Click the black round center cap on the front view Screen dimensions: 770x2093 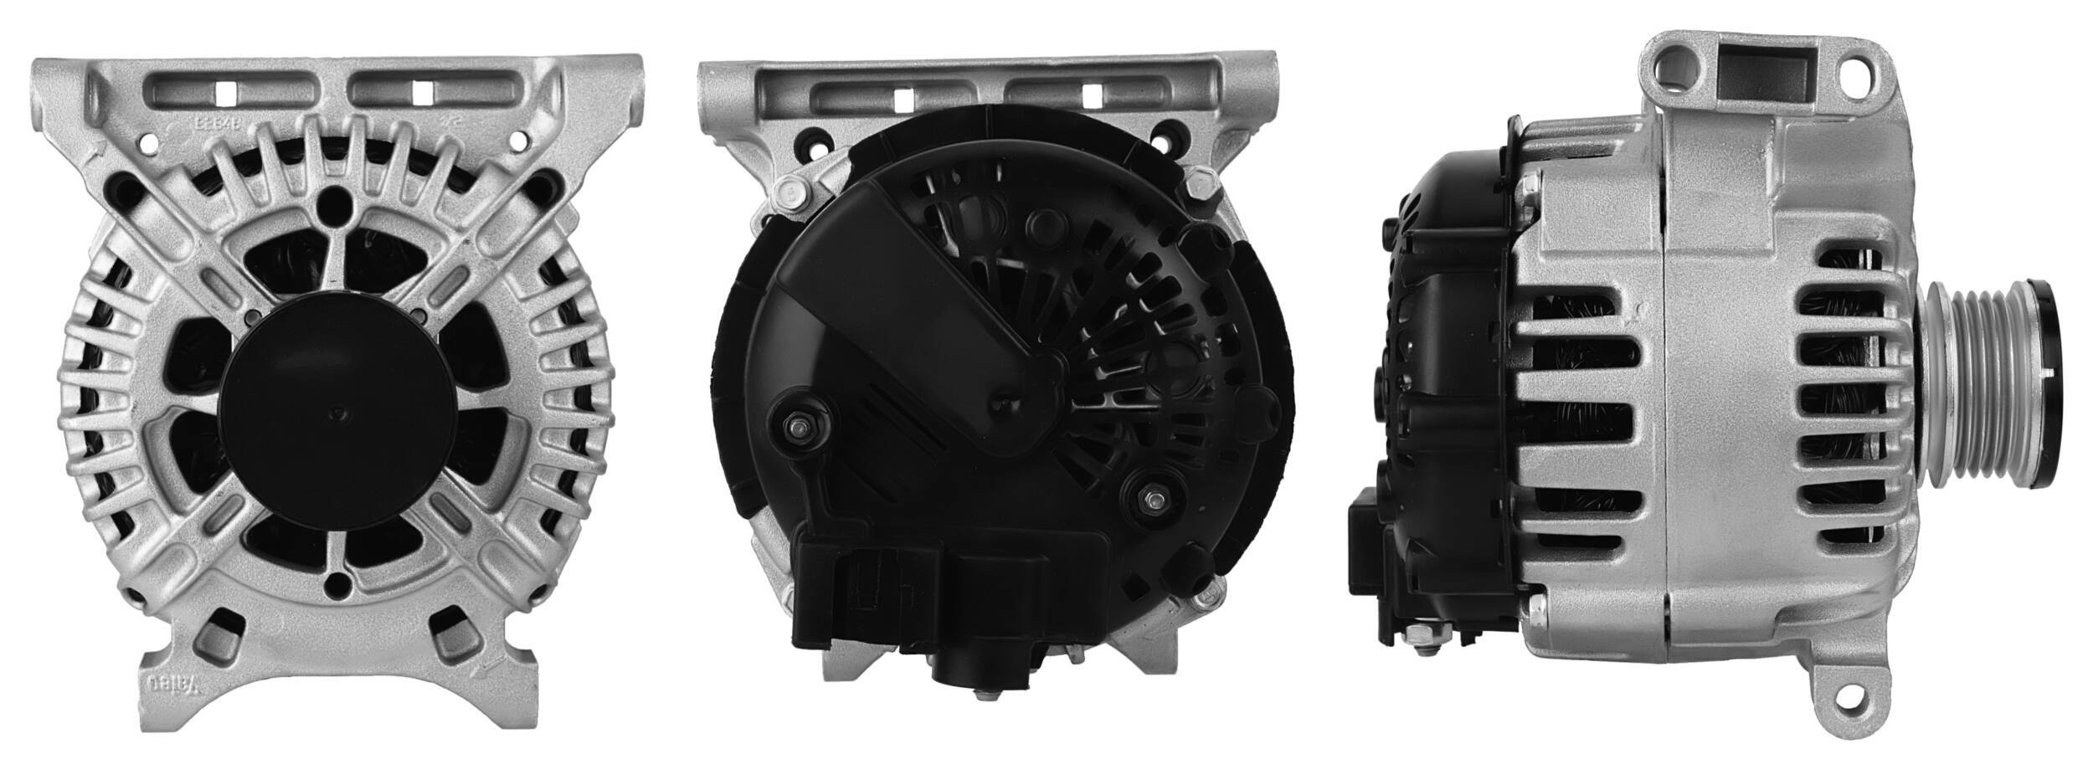pos(339,413)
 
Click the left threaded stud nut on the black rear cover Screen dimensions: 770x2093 pos(798,426)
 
